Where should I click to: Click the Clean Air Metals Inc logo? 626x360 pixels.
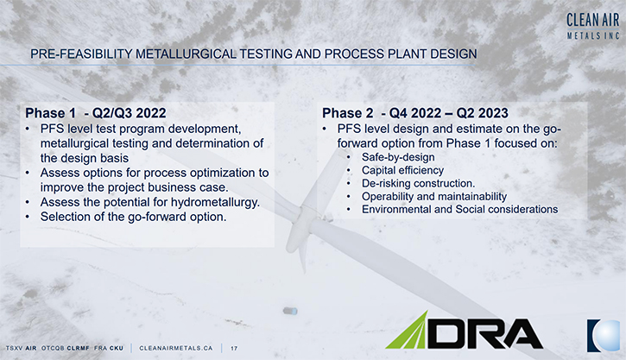click(593, 26)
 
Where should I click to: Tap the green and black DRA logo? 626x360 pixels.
click(464, 330)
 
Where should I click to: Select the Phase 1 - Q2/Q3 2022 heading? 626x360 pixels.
click(96, 113)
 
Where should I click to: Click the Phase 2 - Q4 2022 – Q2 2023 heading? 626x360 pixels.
click(415, 113)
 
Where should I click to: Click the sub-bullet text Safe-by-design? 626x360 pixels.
click(398, 157)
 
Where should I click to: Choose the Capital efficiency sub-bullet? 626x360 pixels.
click(402, 170)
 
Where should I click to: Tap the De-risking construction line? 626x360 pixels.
click(419, 184)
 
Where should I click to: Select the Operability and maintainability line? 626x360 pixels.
click(434, 196)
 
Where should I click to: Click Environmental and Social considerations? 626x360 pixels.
click(459, 209)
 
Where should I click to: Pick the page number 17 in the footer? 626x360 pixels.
click(234, 349)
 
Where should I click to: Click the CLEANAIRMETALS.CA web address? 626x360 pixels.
click(175, 348)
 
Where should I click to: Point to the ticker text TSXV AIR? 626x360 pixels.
click(21, 348)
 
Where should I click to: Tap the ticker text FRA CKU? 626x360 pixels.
click(109, 348)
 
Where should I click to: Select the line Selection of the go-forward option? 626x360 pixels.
click(133, 217)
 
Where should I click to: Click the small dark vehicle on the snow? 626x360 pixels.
click(290, 311)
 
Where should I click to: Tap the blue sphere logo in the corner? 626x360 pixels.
click(604, 335)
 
